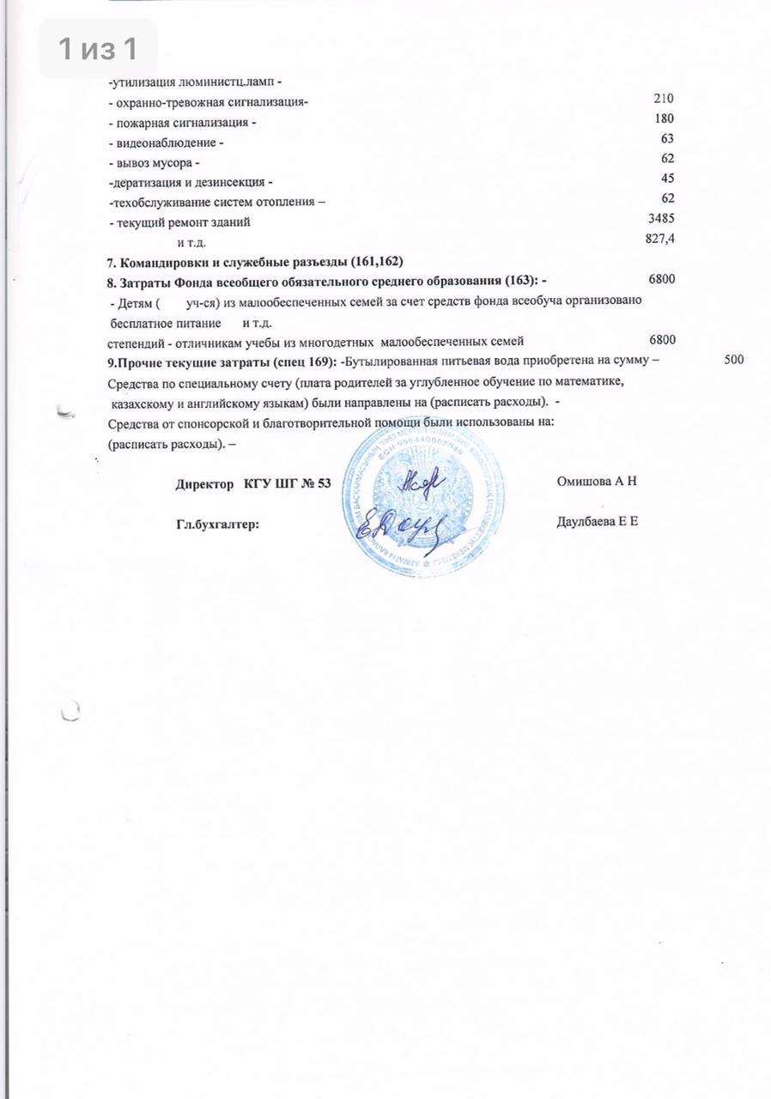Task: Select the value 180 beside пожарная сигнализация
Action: tap(663, 119)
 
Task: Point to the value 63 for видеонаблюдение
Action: tap(667, 139)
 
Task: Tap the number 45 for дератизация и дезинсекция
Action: tap(667, 179)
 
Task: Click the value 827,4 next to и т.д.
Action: tap(659, 239)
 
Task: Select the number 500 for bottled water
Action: tap(733, 360)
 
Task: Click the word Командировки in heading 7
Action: tap(164, 260)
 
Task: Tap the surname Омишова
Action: tap(584, 483)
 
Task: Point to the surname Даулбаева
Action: tap(586, 521)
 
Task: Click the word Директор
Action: tap(206, 484)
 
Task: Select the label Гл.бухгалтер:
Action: tap(217, 523)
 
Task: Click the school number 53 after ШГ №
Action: tap(323, 484)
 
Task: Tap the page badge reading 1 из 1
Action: tap(98, 49)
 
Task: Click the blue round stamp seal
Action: tap(427, 498)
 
